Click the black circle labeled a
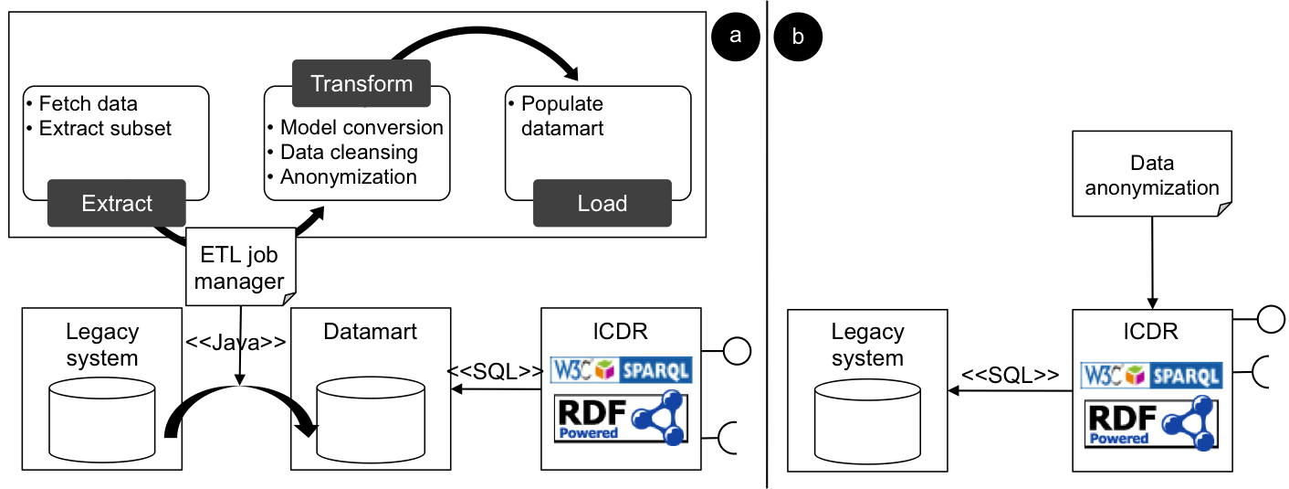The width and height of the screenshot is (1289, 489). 736,37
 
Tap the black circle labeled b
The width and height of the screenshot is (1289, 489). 798,37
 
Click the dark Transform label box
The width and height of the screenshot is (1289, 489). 362,83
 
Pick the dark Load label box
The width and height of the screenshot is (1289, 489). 602,203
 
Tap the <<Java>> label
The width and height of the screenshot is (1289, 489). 236,342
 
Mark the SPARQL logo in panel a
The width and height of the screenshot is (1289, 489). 620,369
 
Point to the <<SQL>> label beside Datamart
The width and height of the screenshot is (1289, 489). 495,371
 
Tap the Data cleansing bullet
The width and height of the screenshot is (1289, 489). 348,152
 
